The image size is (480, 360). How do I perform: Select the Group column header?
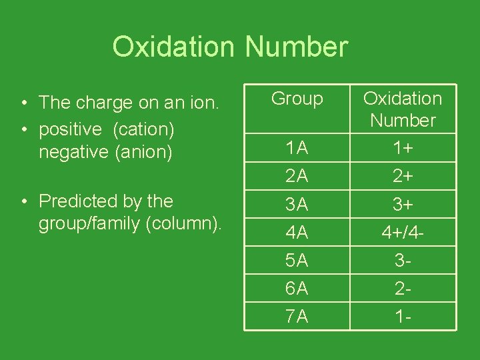click(x=297, y=99)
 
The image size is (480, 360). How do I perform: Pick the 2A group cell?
click(x=297, y=176)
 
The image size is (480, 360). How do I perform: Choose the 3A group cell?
click(x=297, y=205)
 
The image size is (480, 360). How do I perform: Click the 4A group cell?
click(x=297, y=233)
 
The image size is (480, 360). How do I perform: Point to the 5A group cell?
click(x=297, y=261)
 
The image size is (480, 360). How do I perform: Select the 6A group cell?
click(x=297, y=289)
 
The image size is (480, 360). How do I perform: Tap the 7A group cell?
click(x=297, y=317)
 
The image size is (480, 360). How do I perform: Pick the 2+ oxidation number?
click(x=403, y=176)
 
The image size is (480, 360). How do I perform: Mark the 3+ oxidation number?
click(x=403, y=205)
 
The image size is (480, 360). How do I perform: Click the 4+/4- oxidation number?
click(x=403, y=233)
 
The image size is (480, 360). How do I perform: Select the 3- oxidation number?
click(x=403, y=261)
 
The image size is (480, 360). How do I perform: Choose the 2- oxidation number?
click(x=403, y=289)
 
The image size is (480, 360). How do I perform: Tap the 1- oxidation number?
click(x=403, y=317)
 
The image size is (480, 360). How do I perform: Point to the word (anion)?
click(x=144, y=151)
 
